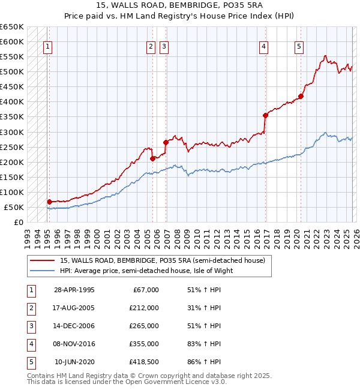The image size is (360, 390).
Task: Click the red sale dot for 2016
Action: pyautogui.click(x=265, y=115)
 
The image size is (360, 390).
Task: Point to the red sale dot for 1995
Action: pyautogui.click(x=49, y=202)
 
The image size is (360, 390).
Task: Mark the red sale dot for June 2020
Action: pyautogui.click(x=301, y=96)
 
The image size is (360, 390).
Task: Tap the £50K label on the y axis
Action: pyautogui.click(x=14, y=207)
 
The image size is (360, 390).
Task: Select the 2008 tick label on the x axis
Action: pyautogui.click(x=177, y=239)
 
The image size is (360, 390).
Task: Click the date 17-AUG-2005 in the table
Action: pyautogui.click(x=74, y=308)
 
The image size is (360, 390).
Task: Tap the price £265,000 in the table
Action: pyautogui.click(x=144, y=326)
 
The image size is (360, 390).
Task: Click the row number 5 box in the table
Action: pyautogui.click(x=30, y=362)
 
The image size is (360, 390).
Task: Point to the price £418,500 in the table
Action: pyautogui.click(x=144, y=362)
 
